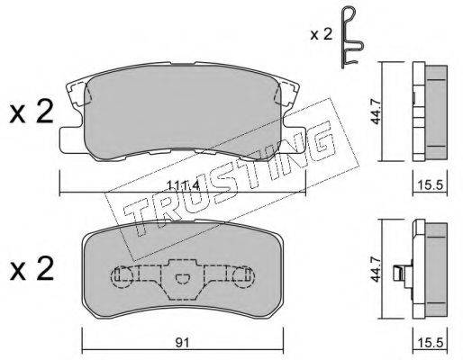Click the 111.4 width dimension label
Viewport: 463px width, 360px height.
pos(183,186)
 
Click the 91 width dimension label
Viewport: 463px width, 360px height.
pos(183,342)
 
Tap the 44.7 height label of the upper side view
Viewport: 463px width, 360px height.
pos(376,112)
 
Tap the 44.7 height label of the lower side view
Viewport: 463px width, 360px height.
pos(376,269)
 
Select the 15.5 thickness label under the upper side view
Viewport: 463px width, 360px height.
pos(430,185)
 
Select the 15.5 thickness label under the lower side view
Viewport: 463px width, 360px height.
pos(430,342)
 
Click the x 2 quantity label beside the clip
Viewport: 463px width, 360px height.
pos(322,35)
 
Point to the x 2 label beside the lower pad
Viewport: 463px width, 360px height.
pos(32,269)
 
